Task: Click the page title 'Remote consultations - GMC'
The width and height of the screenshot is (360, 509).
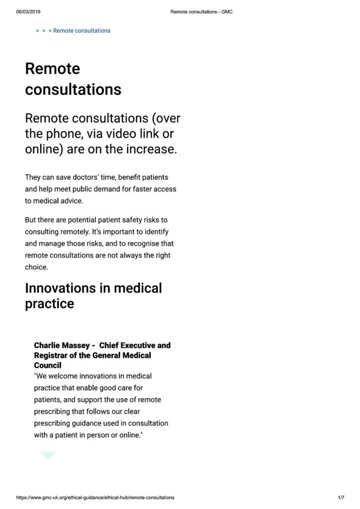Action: (x=201, y=12)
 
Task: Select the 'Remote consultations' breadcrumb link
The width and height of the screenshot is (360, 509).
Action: (x=82, y=31)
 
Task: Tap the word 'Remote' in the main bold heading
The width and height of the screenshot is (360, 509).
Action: (x=52, y=69)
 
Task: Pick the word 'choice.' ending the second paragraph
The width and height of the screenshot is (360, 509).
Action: (x=37, y=267)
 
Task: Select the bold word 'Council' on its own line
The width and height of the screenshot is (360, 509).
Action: (x=48, y=365)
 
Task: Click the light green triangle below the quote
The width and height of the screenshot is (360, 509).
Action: (x=48, y=454)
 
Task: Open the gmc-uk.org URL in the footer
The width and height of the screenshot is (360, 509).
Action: (x=95, y=498)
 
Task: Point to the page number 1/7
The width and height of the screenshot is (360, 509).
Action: (x=341, y=498)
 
